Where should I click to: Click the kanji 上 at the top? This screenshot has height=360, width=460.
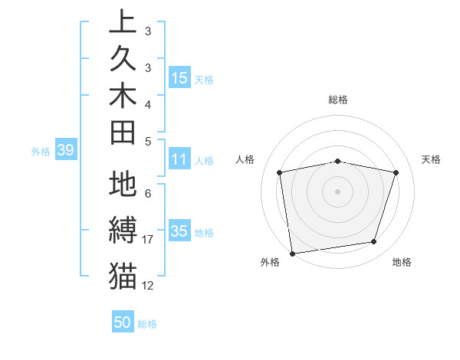[123, 21]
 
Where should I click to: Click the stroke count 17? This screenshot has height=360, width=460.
[148, 240]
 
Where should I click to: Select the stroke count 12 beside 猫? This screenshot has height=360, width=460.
[148, 286]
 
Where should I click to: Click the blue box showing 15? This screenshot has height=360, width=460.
[179, 77]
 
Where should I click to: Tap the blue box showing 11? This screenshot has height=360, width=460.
[179, 159]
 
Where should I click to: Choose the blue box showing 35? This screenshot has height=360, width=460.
[179, 231]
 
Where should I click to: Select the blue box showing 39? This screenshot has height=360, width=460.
[65, 150]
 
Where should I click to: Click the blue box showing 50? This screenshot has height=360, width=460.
[123, 322]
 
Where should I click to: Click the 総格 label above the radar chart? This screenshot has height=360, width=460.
[338, 100]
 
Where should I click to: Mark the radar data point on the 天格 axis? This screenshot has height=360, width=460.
[396, 172]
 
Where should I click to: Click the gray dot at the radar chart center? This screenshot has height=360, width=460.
[337, 191]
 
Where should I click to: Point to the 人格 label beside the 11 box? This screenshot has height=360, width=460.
[204, 161]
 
